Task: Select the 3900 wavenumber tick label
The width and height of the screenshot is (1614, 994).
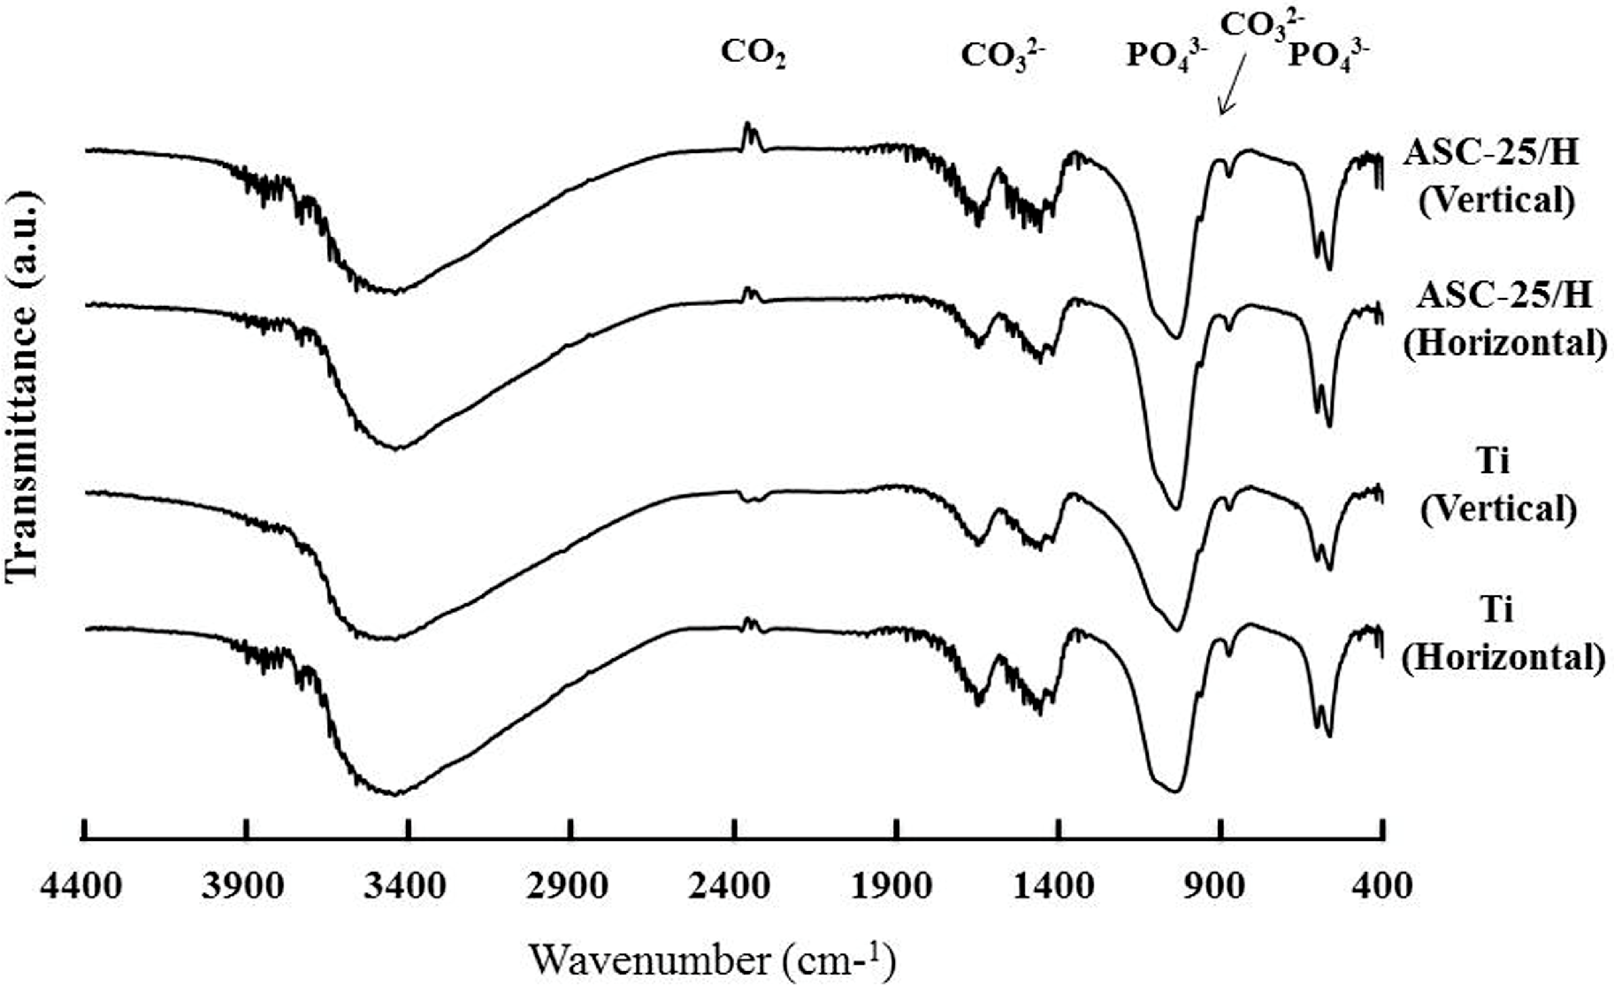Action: pyautogui.click(x=245, y=886)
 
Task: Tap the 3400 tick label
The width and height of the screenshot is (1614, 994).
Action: pyautogui.click(x=408, y=886)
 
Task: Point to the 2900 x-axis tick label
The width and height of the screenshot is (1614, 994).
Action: pyautogui.click(x=570, y=886)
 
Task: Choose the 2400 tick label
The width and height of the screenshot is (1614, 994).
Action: pyautogui.click(x=733, y=886)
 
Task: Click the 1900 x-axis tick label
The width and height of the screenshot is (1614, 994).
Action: pyautogui.click(x=896, y=886)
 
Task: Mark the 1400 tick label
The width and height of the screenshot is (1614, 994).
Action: pyautogui.click(x=1059, y=886)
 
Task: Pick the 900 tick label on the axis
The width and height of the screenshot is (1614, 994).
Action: pyautogui.click(x=1221, y=886)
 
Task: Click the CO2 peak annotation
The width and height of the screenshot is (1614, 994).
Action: pyautogui.click(x=753, y=55)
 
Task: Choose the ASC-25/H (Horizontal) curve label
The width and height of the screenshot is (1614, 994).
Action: pyautogui.click(x=1504, y=318)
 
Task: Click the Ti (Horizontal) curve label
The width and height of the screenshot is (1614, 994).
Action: pyautogui.click(x=1503, y=634)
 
